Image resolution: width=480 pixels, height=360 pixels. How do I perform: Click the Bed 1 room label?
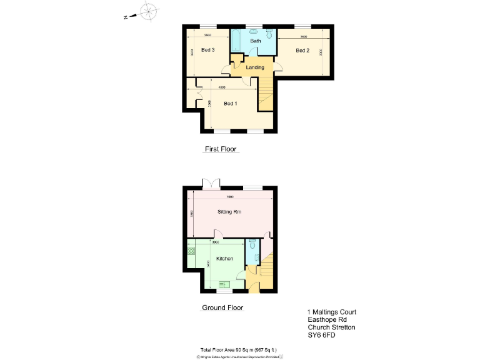(x=231, y=103)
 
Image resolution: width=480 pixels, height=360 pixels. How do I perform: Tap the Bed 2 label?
(x=302, y=51)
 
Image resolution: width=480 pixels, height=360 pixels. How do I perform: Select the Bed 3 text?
(x=208, y=51)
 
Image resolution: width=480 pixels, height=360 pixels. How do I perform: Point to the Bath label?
(x=256, y=41)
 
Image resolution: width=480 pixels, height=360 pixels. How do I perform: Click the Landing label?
(x=255, y=67)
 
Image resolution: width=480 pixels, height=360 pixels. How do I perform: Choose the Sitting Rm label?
(x=229, y=212)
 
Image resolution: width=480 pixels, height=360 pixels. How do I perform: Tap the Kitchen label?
(x=224, y=258)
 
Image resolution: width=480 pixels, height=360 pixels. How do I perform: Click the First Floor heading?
(x=221, y=149)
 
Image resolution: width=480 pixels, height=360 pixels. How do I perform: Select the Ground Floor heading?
(x=222, y=307)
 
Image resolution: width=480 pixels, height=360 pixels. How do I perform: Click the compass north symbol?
(x=148, y=11)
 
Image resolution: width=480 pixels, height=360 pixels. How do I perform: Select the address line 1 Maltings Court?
(x=332, y=312)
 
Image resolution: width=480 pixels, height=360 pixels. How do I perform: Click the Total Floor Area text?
(x=238, y=349)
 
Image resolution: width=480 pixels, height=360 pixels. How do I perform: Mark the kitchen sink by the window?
(x=224, y=284)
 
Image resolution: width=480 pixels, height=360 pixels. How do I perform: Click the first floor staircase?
(x=266, y=93)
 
